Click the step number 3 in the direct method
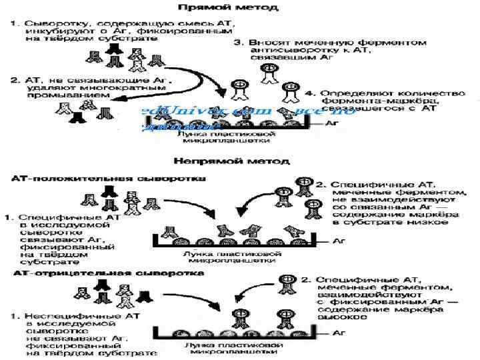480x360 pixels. coord(239,43)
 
